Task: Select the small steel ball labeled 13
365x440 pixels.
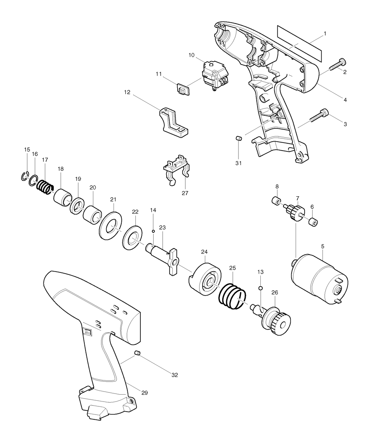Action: [x=261, y=288]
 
